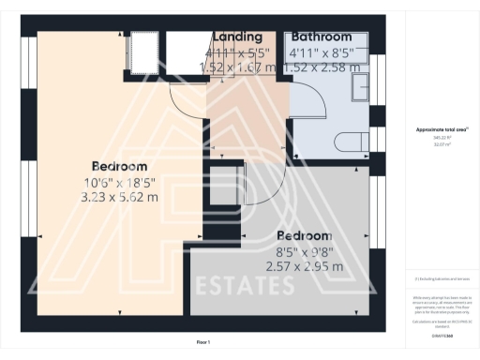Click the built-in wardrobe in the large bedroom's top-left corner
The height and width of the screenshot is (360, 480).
click(142, 49)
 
